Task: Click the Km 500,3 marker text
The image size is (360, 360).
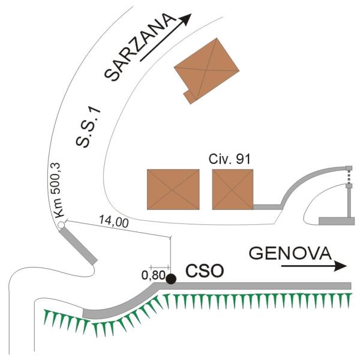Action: (x=58, y=191)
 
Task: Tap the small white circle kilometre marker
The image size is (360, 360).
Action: (x=61, y=226)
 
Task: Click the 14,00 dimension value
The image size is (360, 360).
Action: (x=113, y=223)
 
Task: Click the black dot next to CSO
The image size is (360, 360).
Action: (x=171, y=278)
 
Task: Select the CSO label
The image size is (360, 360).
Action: (x=205, y=271)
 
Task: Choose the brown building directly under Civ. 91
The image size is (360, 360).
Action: (x=233, y=189)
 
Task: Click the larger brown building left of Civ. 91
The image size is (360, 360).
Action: (x=173, y=189)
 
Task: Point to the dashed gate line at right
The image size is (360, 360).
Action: (x=348, y=177)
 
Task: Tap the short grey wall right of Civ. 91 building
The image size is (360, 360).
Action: (x=267, y=206)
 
